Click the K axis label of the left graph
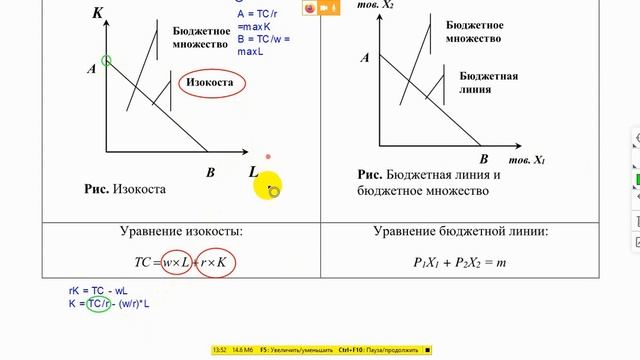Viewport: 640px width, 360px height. pos(97,13)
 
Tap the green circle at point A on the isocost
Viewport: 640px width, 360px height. pos(106,61)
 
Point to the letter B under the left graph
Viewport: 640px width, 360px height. pos(210,173)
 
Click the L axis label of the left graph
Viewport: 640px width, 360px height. pos(255,172)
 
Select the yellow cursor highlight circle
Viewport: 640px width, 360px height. pos(267,186)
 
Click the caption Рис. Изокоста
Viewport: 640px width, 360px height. pos(125,188)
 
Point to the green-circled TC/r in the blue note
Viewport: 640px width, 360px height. pos(97,303)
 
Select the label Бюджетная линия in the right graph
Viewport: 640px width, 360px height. pos(488,82)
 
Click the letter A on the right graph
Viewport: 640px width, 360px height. pos(366,58)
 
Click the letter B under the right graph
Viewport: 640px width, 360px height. pos(483,159)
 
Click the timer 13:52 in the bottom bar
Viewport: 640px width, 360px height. pos(221,350)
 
